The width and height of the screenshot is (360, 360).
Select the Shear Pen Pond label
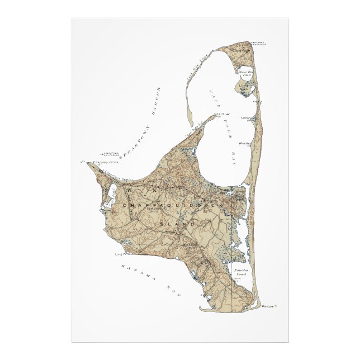coord(244,73)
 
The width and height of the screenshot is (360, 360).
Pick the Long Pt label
coord(119,255)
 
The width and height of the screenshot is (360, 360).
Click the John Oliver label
coord(222,114)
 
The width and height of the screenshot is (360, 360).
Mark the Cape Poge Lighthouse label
coord(258,43)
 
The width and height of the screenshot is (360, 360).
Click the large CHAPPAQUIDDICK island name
coord(168,206)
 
